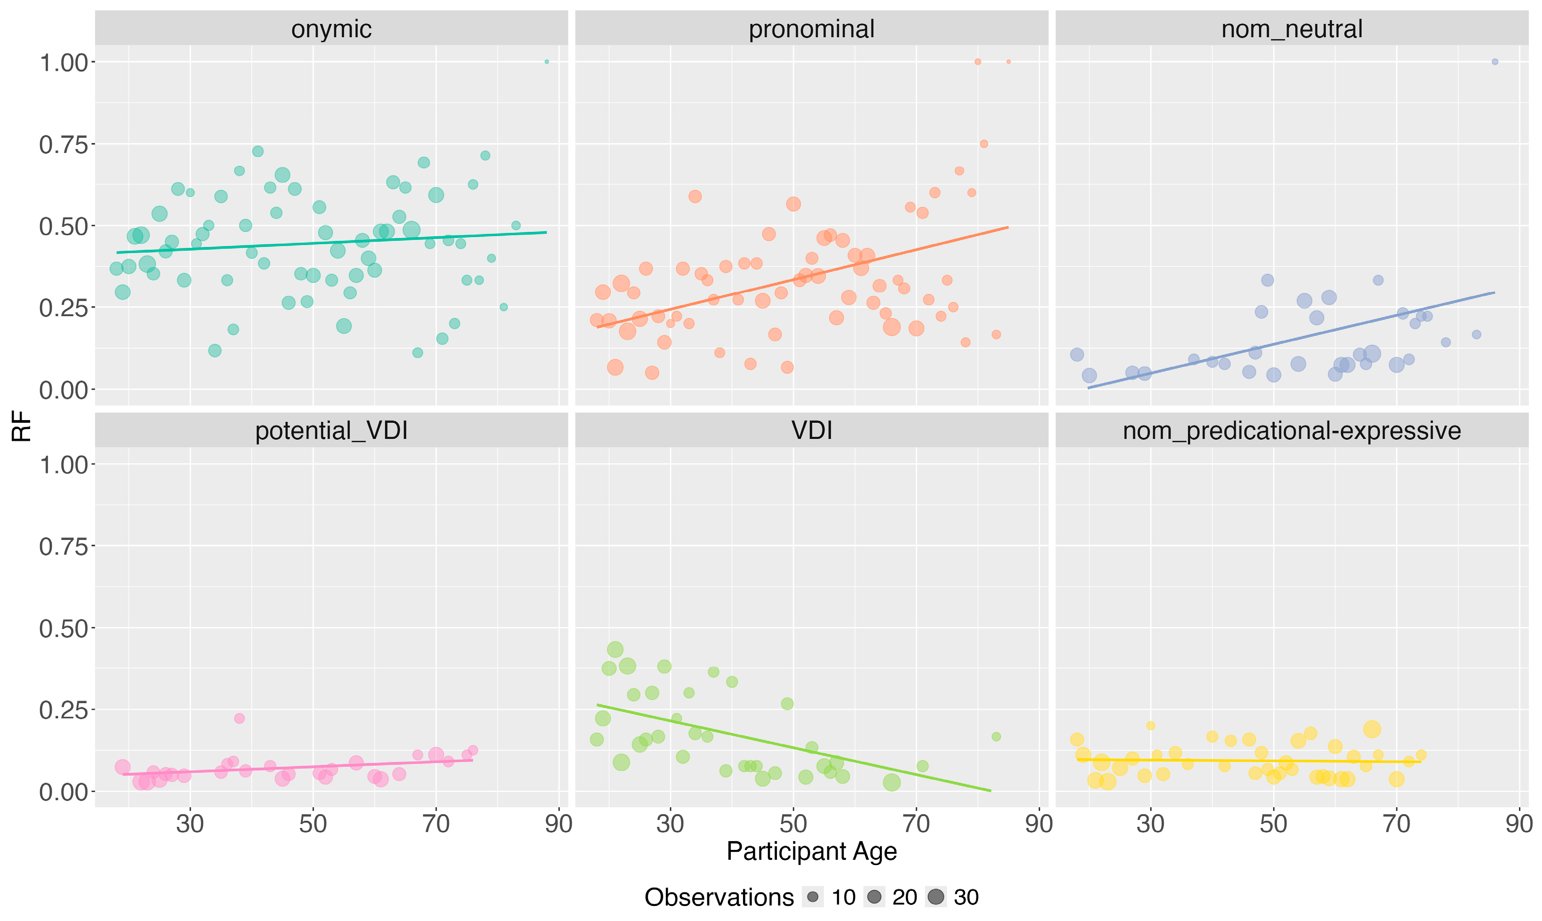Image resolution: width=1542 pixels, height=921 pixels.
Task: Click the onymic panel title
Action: pos(331,29)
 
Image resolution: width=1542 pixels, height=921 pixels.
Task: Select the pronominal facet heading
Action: pos(811,29)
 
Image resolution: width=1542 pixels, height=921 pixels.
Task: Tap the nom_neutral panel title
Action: pos(1291,29)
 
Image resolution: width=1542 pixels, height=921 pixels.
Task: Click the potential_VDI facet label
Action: pos(331,431)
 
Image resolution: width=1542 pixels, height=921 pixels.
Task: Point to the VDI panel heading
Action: pos(811,431)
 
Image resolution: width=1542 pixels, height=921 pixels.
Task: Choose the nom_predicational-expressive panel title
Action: pos(1291,431)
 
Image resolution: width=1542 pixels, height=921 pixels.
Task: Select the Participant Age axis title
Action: pos(811,851)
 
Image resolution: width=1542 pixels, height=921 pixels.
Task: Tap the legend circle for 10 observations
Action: pos(813,897)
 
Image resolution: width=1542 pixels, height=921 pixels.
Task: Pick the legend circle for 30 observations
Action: pos(935,897)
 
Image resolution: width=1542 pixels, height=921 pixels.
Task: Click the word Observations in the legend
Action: pos(719,897)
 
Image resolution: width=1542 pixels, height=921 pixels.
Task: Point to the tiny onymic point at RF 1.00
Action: pos(546,62)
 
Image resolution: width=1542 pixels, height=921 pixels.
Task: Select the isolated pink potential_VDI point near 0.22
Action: pos(239,719)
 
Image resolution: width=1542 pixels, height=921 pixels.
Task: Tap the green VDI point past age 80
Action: pos(996,737)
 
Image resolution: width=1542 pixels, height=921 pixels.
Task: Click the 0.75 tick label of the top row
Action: pos(64,144)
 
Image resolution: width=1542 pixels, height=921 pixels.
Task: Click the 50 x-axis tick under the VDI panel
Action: pos(793,824)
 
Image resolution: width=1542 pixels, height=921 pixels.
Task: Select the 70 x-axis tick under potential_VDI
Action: pos(436,824)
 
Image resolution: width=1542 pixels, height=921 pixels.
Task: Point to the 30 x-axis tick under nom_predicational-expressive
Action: pos(1151,824)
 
